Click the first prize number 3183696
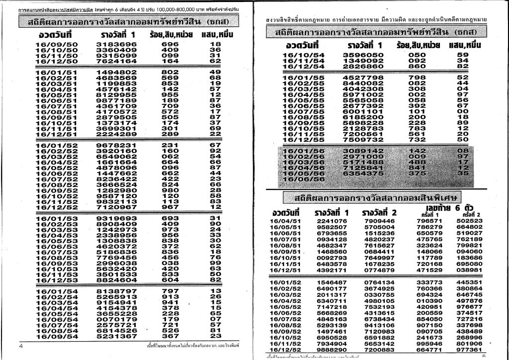(116, 44)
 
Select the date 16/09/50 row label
(57, 44)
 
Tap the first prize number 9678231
(116, 145)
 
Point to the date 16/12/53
(57, 280)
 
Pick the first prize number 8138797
(116, 291)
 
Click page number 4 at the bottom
(21, 345)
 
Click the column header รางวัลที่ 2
(380, 213)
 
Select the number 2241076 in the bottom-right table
(332, 221)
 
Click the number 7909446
(379, 221)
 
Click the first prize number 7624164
(116, 61)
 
